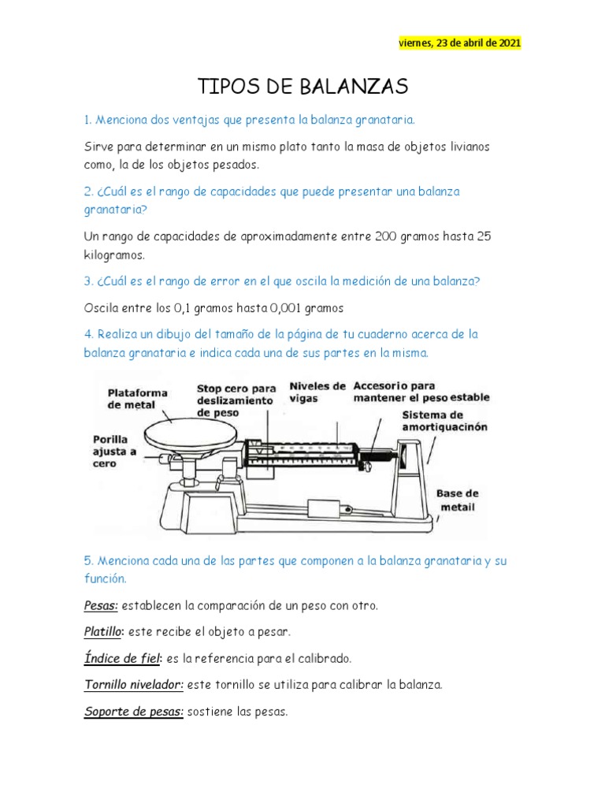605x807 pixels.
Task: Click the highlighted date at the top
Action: (459, 43)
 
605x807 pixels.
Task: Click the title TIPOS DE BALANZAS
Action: (301, 86)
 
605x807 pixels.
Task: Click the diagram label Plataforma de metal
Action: (137, 399)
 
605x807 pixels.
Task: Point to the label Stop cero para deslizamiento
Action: (236, 400)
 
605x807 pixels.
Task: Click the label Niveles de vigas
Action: (317, 392)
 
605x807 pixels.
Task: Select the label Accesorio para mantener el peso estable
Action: (421, 392)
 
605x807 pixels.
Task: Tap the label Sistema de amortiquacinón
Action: (444, 421)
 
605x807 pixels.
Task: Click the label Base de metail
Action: (457, 500)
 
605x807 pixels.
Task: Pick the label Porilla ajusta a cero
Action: (115, 452)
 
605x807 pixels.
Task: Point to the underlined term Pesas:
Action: (101, 606)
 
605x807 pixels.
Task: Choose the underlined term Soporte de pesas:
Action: (133, 712)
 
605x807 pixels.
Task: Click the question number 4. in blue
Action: (89, 334)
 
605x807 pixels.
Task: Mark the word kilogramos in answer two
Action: (113, 256)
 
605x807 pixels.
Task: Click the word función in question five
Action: (105, 579)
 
